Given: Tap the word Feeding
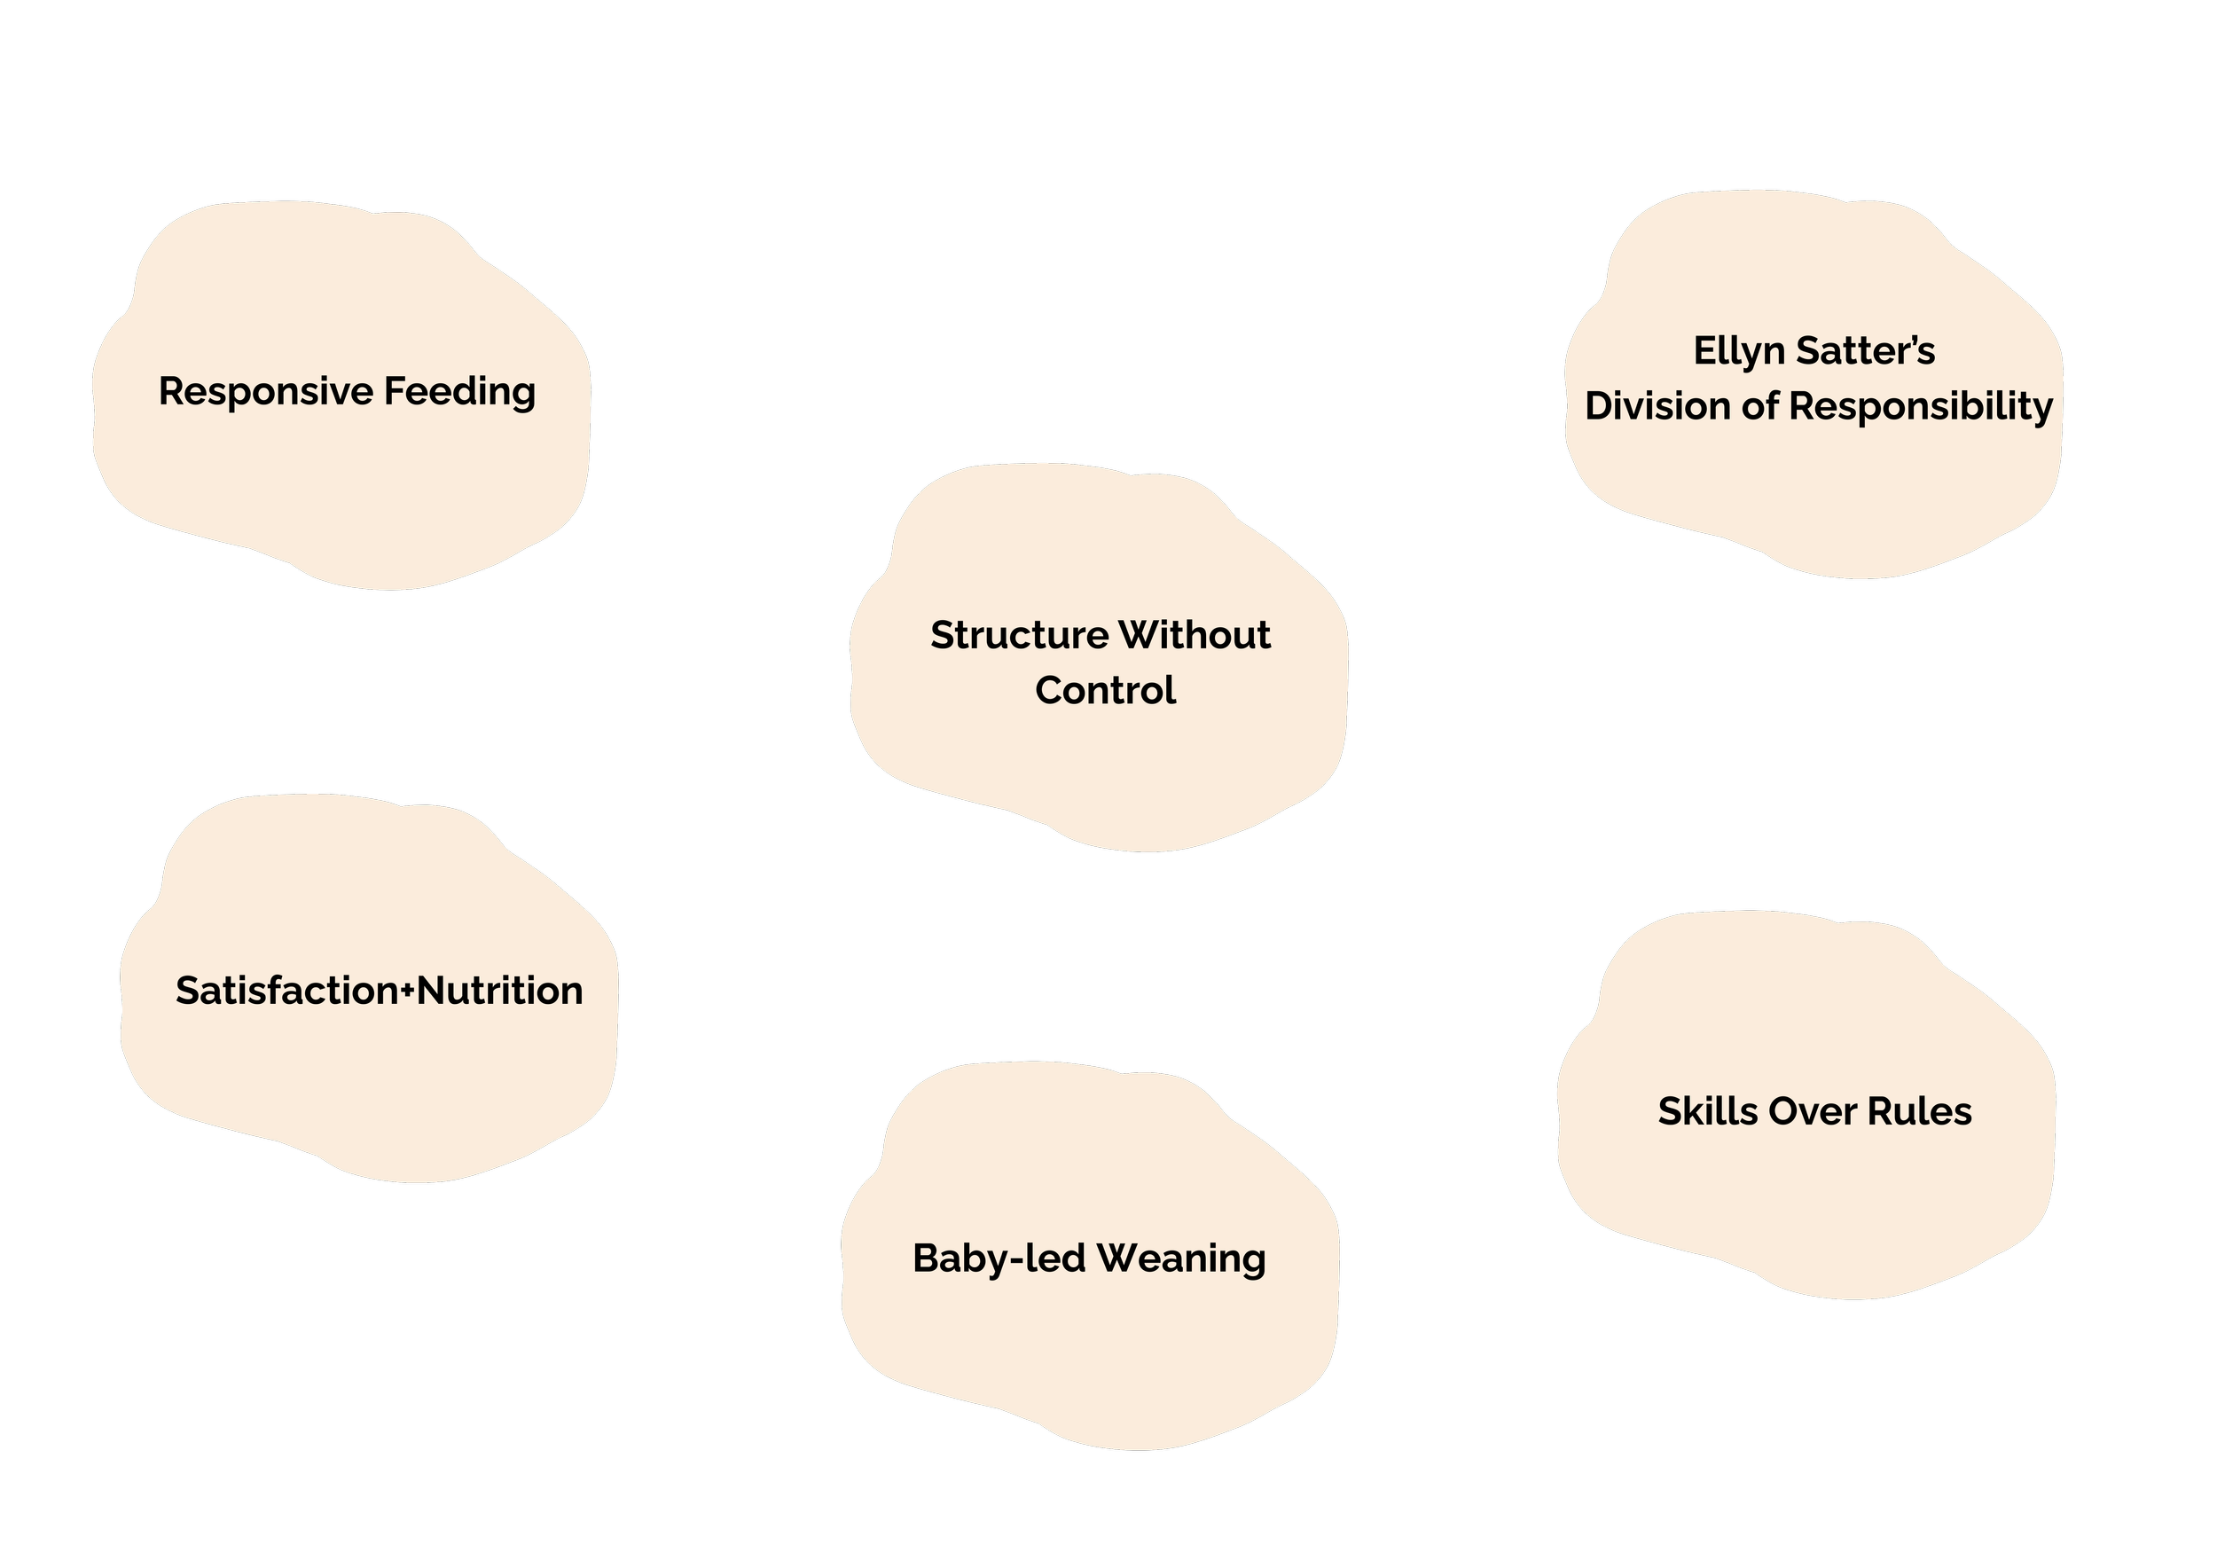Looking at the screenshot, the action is click(459, 392).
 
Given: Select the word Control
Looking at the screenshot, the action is click(1106, 690).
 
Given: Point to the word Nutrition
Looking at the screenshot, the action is click(500, 991).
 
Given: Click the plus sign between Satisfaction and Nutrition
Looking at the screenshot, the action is click(407, 992).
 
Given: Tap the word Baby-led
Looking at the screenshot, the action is click(999, 1258).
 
